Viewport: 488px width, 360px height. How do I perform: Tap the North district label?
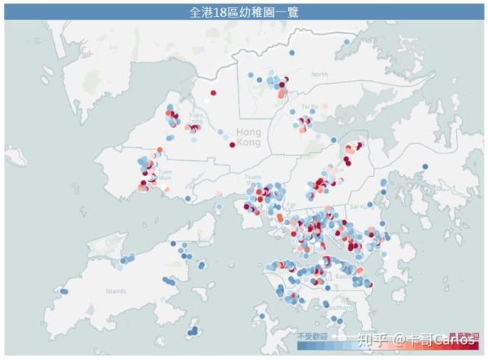coord(319,74)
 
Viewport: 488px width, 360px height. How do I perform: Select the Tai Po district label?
coord(308,107)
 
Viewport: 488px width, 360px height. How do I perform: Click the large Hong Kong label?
coord(249,137)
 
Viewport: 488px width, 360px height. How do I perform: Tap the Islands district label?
coord(116,291)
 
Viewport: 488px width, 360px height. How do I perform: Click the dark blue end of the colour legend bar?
coord(300,346)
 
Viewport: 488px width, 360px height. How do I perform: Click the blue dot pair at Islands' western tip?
coord(65,291)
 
